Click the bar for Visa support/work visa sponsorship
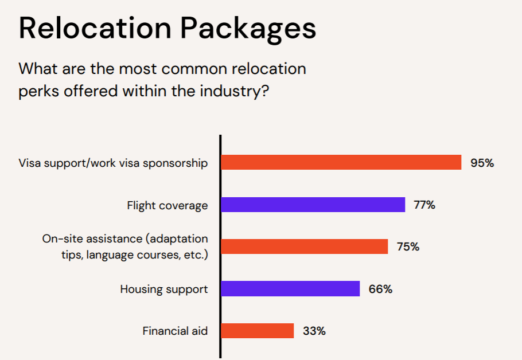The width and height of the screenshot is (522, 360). click(341, 162)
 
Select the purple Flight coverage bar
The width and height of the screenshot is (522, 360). click(313, 205)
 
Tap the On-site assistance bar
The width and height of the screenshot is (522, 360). click(305, 246)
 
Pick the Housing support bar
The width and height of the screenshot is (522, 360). click(291, 288)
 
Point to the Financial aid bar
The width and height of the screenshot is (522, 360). click(258, 331)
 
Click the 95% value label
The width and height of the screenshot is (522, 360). click(482, 163)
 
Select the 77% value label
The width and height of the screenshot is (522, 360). click(424, 205)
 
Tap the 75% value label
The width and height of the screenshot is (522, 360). click(408, 246)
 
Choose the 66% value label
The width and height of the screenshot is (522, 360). click(380, 289)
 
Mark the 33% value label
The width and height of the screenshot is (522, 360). click(314, 331)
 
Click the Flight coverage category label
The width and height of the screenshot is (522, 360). click(167, 206)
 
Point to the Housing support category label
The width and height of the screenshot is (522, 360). click(164, 289)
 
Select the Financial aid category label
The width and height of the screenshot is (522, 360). click(175, 331)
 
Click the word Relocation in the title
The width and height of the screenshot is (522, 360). click(95, 28)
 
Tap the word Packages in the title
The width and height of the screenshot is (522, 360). click(248, 30)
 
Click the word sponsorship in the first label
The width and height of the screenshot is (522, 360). click(176, 163)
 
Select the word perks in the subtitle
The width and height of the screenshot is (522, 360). click(39, 92)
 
